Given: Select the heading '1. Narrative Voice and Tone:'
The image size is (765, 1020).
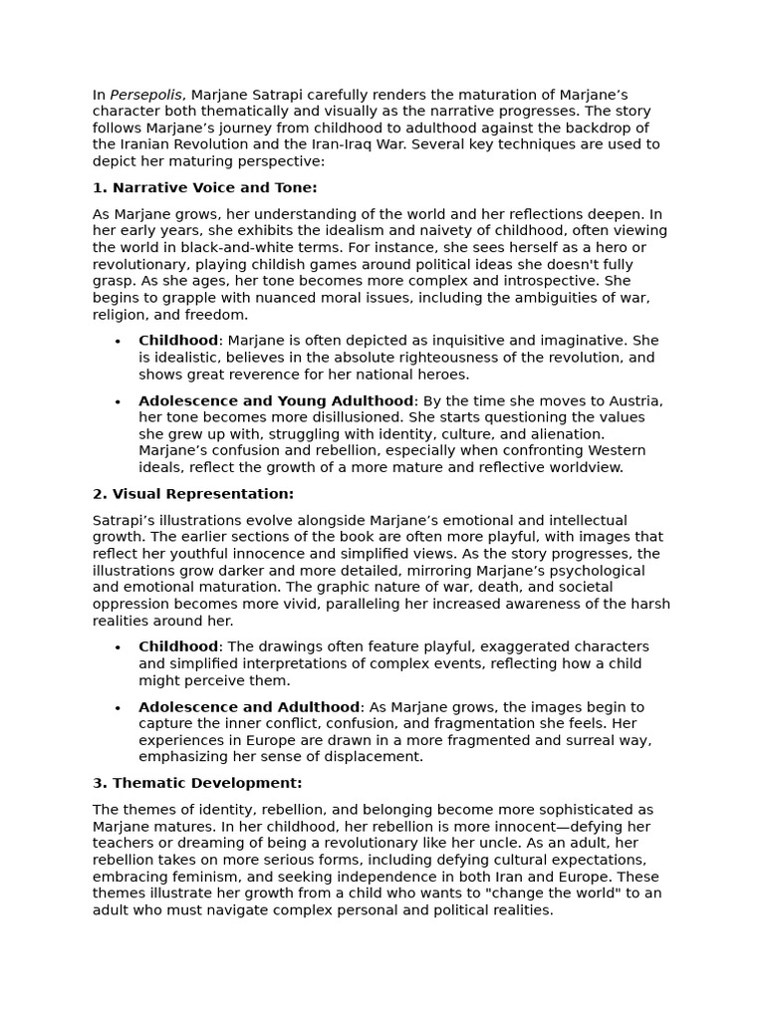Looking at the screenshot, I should click(x=205, y=187).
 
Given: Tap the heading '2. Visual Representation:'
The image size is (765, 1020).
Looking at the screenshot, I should click(x=193, y=494).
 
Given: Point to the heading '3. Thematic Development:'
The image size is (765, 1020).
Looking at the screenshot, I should click(x=197, y=783).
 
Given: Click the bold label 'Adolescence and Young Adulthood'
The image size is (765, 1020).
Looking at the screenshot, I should click(x=276, y=400).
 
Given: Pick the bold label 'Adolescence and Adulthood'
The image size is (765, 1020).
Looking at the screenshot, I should click(x=249, y=707).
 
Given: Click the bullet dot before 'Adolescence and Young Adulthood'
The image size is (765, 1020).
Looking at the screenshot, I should click(x=118, y=401).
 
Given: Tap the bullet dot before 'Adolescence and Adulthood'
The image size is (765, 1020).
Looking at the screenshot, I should click(x=118, y=708).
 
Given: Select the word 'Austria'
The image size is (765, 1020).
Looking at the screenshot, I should click(x=633, y=400).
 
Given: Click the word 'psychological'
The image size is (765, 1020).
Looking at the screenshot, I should click(x=598, y=571).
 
